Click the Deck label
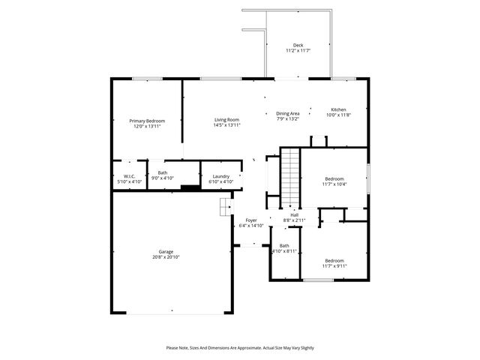point(298,45)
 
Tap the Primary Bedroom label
point(147,121)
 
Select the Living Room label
point(226,120)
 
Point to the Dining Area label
point(288,113)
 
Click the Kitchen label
point(338,109)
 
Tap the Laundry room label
point(220,176)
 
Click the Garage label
point(165,251)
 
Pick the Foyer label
point(251,220)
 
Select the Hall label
point(294,214)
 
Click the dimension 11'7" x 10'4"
point(334,184)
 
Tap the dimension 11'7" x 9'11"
point(334,265)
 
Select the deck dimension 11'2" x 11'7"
point(298,51)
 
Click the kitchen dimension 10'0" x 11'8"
point(338,115)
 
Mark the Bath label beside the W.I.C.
point(163,173)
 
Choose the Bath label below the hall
point(284,245)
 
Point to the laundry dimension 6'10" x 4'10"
point(220,181)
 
